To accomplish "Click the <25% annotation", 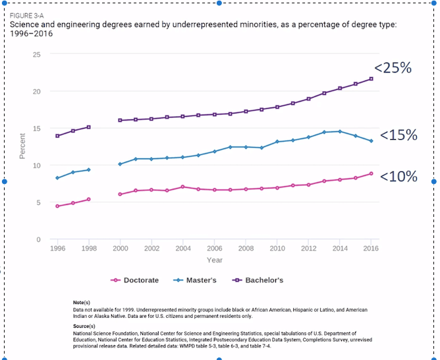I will click(x=393, y=67).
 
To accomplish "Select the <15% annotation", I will click(x=399, y=135).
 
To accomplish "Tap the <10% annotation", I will click(x=399, y=176).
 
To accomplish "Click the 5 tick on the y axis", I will click(x=39, y=202).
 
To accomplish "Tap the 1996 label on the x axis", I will click(x=57, y=249).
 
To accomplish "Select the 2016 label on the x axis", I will click(x=371, y=249).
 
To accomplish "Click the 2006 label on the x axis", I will click(x=214, y=249).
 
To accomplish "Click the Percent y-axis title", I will click(x=22, y=146).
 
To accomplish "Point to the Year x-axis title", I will click(x=214, y=260).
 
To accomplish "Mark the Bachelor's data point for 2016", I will click(x=371, y=79).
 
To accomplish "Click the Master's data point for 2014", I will click(x=340, y=131).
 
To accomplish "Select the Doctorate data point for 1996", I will click(x=57, y=206).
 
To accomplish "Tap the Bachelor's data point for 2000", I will click(x=120, y=120).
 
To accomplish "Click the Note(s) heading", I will click(x=82, y=302).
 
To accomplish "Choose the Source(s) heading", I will click(x=84, y=326).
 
